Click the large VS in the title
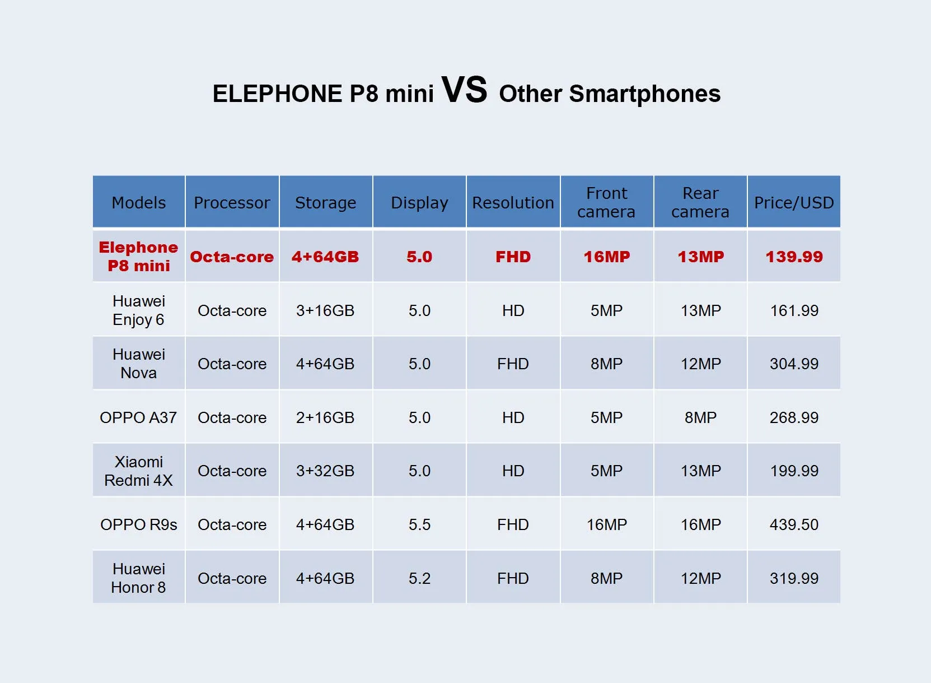[x=464, y=90]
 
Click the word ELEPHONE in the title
[x=277, y=94]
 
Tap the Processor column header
[x=232, y=203]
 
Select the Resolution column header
[x=513, y=203]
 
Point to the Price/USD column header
[x=794, y=203]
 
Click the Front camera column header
[x=606, y=203]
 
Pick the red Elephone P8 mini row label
[x=138, y=257]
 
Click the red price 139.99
[x=794, y=257]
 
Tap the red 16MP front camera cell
[x=606, y=257]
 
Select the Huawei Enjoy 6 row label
[x=138, y=310]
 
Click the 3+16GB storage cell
[x=325, y=310]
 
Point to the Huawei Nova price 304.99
[x=794, y=364]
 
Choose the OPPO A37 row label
[x=138, y=417]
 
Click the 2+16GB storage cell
[x=325, y=417]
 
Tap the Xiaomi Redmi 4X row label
[x=138, y=471]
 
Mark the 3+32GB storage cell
[x=325, y=471]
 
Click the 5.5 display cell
[x=419, y=524]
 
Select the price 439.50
[x=794, y=524]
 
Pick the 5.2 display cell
[x=419, y=578]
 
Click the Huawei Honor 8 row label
[x=138, y=578]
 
